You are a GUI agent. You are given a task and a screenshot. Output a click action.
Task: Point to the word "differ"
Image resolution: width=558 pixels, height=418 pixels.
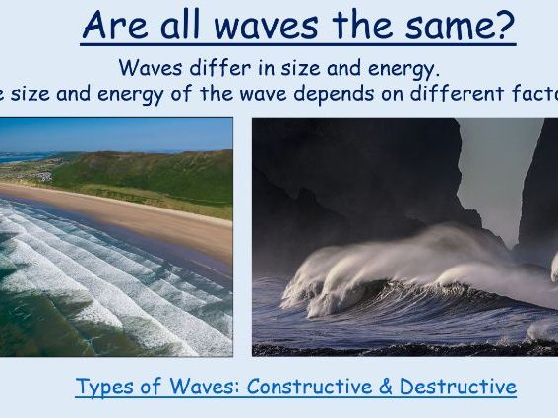click(x=211, y=69)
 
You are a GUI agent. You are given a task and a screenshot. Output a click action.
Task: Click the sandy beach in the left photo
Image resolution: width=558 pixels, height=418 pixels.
click(x=148, y=221)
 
